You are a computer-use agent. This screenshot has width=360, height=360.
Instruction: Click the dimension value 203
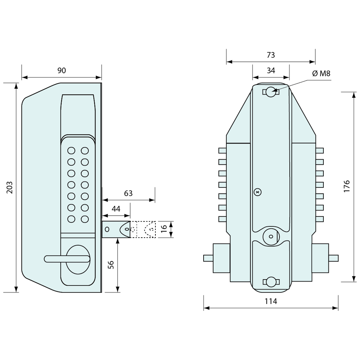[x=10, y=187]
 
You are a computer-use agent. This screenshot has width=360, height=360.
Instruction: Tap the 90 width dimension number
[x=62, y=70]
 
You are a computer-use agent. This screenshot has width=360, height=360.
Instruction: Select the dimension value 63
[x=128, y=193]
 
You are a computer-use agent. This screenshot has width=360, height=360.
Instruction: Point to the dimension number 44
[x=116, y=209]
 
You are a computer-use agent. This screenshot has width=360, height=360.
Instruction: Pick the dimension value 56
[x=111, y=264]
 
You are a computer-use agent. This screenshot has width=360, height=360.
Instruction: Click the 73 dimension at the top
[x=271, y=55]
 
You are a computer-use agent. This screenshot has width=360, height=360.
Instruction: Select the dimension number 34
[x=271, y=70]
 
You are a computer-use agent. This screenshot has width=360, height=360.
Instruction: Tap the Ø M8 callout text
[x=321, y=73]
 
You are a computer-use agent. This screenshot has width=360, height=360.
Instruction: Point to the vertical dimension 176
[x=347, y=186]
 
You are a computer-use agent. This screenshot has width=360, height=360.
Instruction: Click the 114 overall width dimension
[x=271, y=301]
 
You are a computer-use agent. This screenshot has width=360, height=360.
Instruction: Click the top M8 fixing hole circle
[x=270, y=92]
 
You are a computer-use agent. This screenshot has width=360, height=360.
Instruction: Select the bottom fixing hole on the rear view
[x=271, y=282]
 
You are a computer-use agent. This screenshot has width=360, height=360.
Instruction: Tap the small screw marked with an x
[x=258, y=192]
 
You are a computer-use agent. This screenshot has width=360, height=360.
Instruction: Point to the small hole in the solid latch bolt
[x=107, y=229]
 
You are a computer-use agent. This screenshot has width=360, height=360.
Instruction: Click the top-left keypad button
[x=71, y=151]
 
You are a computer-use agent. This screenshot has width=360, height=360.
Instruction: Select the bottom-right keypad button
[x=85, y=219]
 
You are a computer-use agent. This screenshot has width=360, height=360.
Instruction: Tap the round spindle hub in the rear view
[x=270, y=236]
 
